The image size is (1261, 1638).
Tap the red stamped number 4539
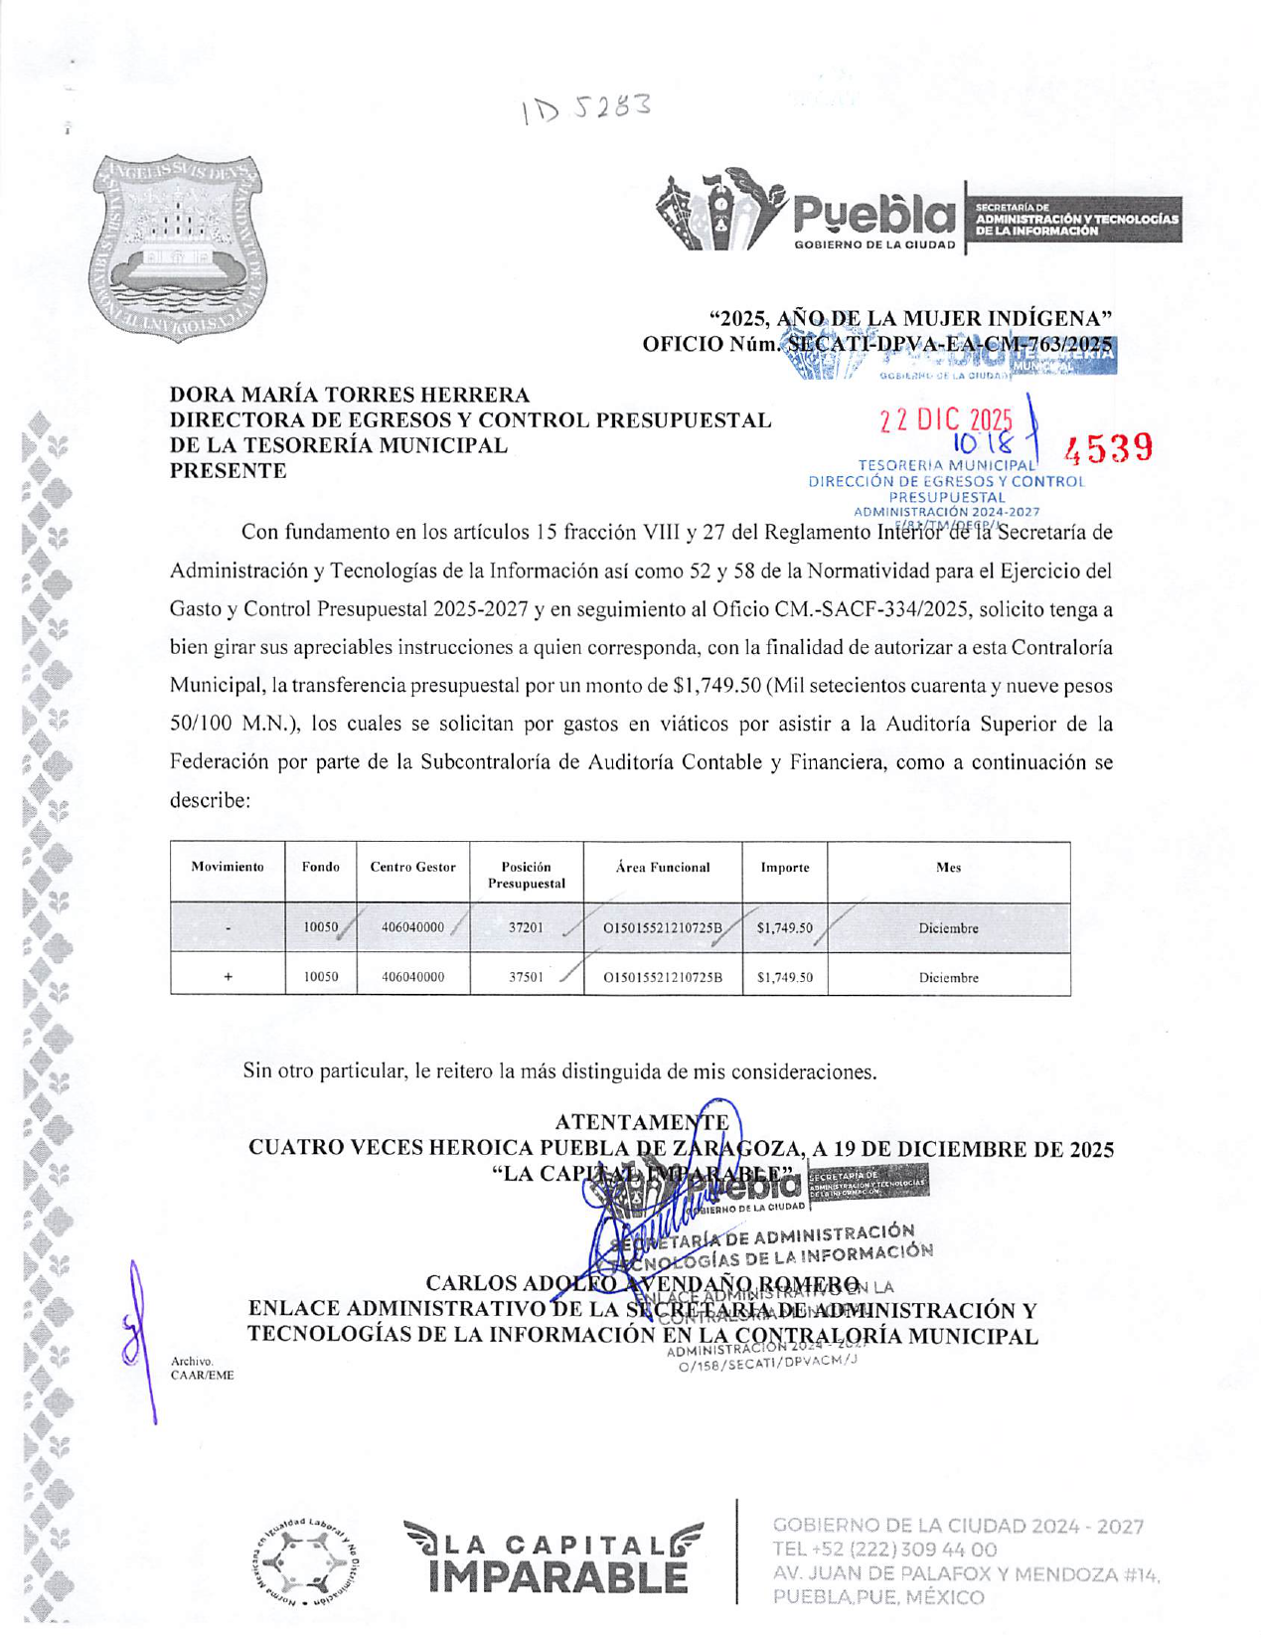(1108, 448)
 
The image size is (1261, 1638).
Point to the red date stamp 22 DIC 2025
(945, 421)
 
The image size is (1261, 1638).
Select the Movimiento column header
(228, 868)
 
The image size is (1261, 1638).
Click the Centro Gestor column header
(412, 868)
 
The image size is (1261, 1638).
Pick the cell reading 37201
(526, 928)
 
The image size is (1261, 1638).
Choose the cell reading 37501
(526, 977)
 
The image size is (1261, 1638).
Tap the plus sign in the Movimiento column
(228, 977)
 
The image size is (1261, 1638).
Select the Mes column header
(948, 868)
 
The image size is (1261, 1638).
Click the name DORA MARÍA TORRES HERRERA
(350, 396)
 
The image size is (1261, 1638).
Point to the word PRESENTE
(228, 471)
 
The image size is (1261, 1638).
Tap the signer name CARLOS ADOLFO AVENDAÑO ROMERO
(642, 1284)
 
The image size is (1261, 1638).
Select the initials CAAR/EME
(203, 1376)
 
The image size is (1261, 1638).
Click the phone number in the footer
(884, 1550)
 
